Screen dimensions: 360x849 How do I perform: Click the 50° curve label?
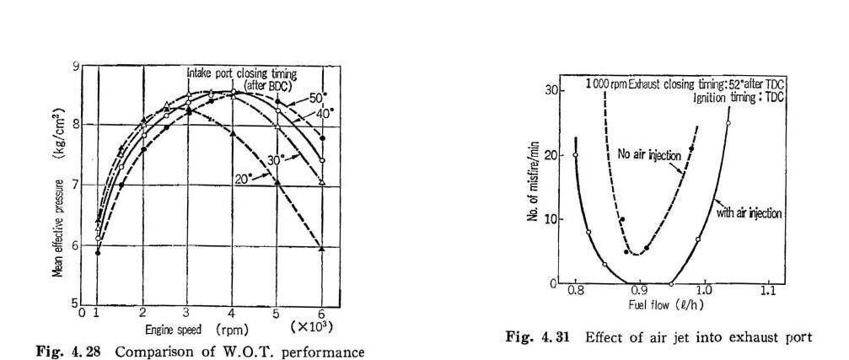point(304,97)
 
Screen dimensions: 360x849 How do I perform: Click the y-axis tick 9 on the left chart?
point(75,67)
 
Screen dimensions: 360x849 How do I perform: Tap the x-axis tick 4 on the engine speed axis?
point(233,314)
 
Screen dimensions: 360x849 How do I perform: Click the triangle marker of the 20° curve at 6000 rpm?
point(322,248)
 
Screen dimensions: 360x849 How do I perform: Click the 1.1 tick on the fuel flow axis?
point(767,291)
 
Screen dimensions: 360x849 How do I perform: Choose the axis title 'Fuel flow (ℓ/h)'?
point(656,304)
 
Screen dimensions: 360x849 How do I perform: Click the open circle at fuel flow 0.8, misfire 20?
point(575,155)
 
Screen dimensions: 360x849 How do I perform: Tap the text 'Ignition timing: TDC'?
point(739,98)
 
